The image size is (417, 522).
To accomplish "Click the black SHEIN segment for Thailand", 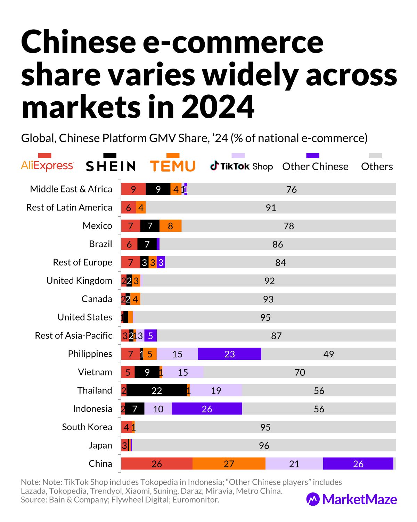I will tap(156, 390).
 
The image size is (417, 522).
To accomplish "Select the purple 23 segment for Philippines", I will tap(229, 354).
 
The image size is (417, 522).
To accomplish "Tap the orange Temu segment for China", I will tap(229, 464).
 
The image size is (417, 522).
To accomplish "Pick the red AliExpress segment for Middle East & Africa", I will tap(133, 189).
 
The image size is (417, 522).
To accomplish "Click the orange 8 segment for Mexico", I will tap(170, 226).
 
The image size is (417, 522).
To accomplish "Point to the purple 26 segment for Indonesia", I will tap(207, 409).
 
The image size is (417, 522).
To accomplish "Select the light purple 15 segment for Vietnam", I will tap(183, 372).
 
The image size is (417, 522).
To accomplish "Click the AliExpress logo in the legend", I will tap(47, 166).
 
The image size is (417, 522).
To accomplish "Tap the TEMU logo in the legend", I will tap(173, 166).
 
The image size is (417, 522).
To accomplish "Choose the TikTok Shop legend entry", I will tap(241, 166).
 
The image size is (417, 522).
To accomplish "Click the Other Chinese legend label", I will tap(315, 167).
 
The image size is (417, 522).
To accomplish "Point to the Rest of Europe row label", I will tap(82, 262).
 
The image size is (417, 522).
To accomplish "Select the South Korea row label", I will tap(87, 427).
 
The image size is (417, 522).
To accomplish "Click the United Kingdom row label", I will tap(79, 280).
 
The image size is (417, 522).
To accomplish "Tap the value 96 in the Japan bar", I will tap(264, 445).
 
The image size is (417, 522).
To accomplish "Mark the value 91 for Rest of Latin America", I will tap(271, 207).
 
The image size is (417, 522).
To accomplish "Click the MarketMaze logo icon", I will tap(313, 499).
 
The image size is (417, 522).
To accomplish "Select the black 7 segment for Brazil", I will tap(147, 244).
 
